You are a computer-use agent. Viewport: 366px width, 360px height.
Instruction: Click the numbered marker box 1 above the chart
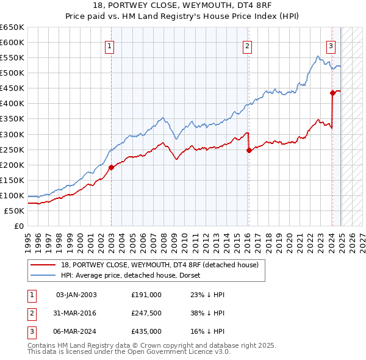[x=109, y=45]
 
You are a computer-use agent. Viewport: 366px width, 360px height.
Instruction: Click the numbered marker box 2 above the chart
[x=247, y=45]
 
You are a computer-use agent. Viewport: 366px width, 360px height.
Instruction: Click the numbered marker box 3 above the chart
[x=331, y=45]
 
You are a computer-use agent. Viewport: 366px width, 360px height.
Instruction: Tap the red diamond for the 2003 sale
[x=111, y=167]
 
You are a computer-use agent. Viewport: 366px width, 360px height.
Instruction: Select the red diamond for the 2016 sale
[x=249, y=150]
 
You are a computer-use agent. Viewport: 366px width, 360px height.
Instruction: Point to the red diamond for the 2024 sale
[x=332, y=93]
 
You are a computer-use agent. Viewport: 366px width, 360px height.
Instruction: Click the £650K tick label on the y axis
[x=12, y=27]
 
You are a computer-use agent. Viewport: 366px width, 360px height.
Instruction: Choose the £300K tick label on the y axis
[x=12, y=134]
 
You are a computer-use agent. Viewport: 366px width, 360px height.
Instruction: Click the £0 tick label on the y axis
[x=18, y=226]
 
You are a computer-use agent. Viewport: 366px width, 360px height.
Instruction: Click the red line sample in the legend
[x=44, y=264]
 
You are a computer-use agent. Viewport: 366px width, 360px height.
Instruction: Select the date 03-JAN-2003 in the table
[x=76, y=295]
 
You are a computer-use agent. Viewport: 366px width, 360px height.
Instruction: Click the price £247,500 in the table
[x=146, y=313]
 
